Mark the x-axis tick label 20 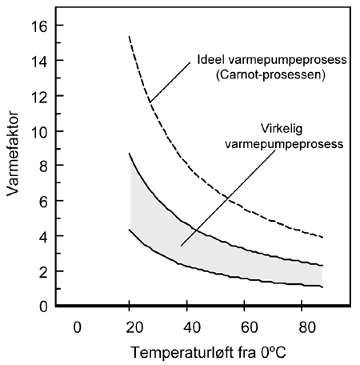click(x=130, y=327)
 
